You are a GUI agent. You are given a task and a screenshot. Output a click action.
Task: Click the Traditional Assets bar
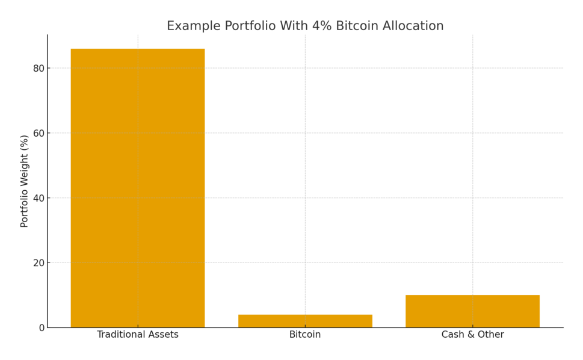138,188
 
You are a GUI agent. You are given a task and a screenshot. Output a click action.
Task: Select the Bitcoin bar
305,321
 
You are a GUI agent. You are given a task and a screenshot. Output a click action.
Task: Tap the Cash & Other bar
472,311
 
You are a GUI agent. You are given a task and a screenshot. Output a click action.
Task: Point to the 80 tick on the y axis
39,69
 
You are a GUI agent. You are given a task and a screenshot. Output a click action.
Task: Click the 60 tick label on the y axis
39,133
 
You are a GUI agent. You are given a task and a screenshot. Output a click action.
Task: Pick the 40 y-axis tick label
39,198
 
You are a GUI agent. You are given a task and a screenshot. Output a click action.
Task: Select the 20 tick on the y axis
39,263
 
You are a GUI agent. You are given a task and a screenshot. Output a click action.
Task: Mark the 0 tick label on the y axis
42,328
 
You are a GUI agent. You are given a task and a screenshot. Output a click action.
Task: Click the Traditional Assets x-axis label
138,335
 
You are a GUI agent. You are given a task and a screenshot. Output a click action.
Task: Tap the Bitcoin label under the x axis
305,335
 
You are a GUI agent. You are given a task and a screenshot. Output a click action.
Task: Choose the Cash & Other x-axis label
472,335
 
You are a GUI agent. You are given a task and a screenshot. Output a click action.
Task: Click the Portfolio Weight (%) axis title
25,181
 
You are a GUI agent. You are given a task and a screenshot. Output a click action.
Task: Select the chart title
305,26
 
